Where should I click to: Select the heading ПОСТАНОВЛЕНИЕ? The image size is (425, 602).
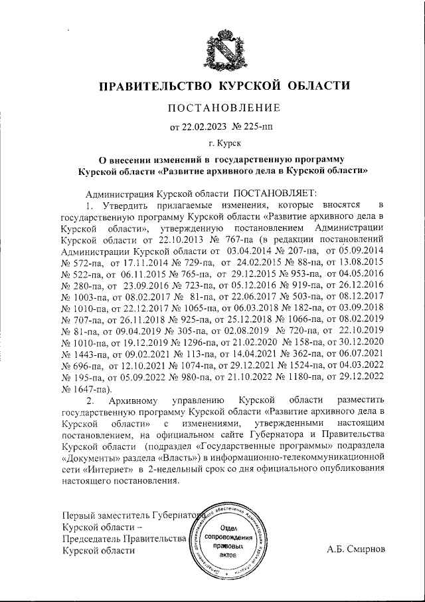coord(223,108)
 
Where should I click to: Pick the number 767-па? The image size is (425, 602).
coord(242,238)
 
